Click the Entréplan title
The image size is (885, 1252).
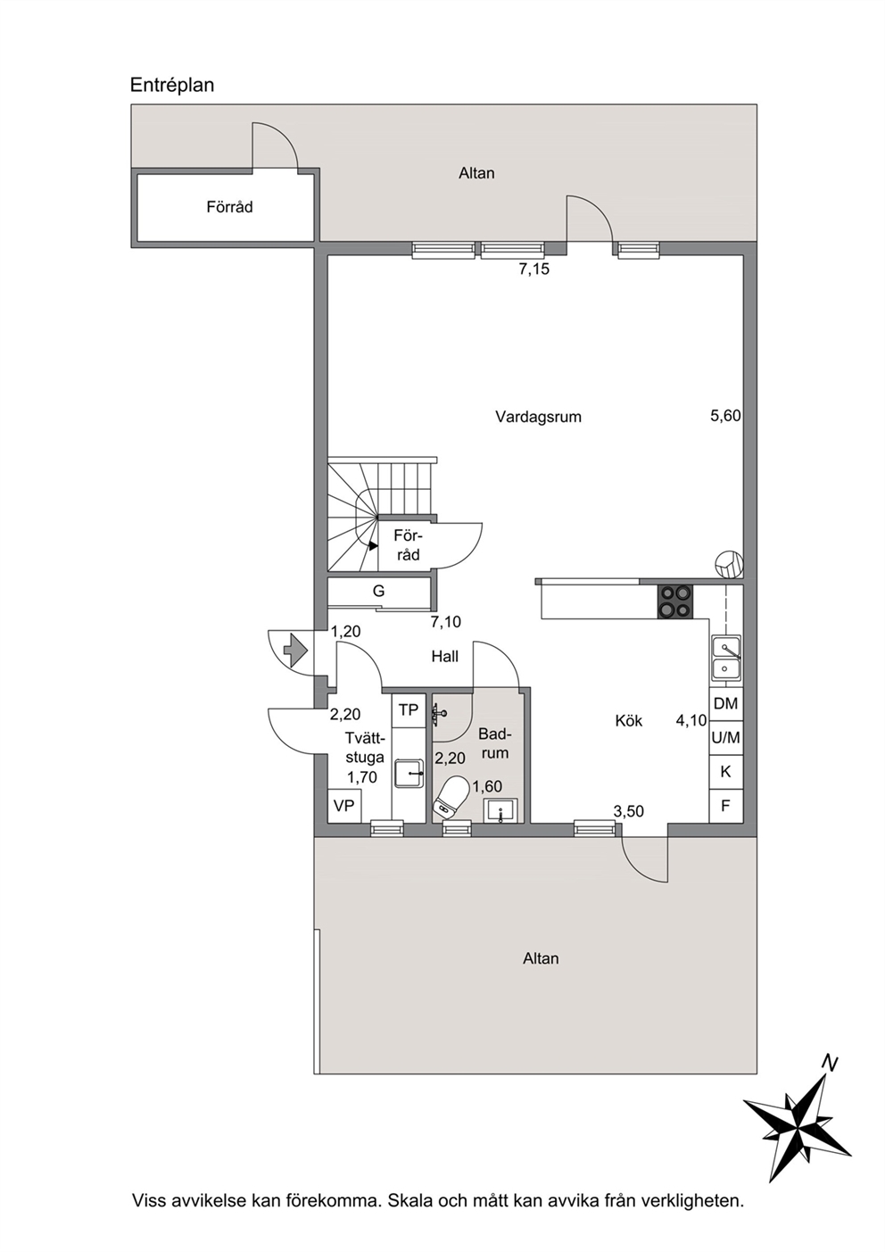click(172, 86)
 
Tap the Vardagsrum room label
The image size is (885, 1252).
click(538, 417)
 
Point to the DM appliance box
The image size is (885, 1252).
click(726, 704)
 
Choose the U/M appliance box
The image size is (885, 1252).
click(726, 738)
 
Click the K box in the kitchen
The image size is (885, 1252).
click(726, 772)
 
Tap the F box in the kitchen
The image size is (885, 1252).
click(726, 806)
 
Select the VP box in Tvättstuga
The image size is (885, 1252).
click(344, 806)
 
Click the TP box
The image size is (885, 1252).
click(409, 709)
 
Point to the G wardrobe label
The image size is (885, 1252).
click(379, 591)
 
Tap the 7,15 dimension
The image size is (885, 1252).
click(534, 269)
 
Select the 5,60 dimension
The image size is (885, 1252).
click(725, 416)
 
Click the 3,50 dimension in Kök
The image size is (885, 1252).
click(629, 811)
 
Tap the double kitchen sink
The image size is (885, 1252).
click(726, 659)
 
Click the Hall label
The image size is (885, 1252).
click(445, 656)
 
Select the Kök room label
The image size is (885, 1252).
click(629, 721)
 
